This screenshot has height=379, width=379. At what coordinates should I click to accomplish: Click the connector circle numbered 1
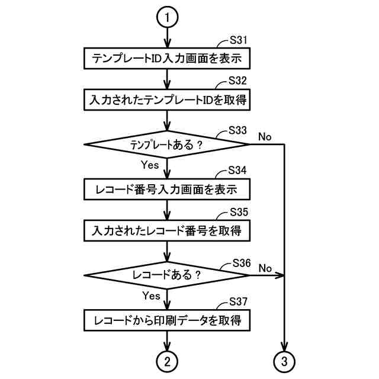tap(168, 18)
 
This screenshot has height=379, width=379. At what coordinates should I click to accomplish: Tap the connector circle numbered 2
tap(168, 359)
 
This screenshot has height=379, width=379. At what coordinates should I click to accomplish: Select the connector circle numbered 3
tap(285, 359)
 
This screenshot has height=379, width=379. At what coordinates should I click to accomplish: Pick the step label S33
tap(240, 130)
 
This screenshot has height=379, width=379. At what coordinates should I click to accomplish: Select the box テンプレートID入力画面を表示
tap(168, 59)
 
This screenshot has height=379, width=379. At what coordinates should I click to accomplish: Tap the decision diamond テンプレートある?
tap(168, 144)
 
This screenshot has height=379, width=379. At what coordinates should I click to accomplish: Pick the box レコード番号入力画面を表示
tap(168, 189)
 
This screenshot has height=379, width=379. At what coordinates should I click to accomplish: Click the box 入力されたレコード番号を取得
tap(168, 230)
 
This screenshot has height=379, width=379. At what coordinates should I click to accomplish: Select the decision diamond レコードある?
tap(168, 275)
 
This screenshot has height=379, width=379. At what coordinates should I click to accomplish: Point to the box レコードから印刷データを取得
tap(168, 321)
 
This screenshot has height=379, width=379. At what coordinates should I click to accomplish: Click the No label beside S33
tap(265, 137)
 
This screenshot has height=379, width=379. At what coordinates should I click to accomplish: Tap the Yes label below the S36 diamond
tap(151, 295)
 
